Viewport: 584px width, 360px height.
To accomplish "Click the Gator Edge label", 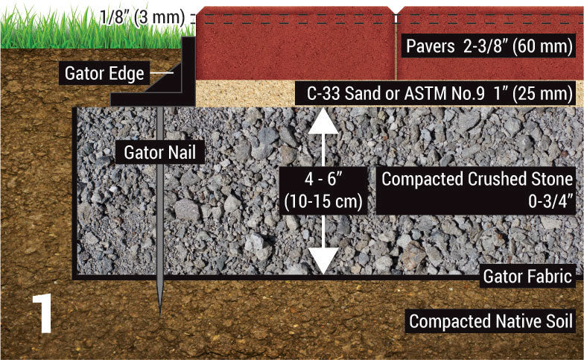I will pyautogui.click(x=104, y=74).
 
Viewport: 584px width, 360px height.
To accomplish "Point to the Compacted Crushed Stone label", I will pyautogui.click(x=477, y=180).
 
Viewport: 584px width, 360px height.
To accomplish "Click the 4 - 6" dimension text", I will pyautogui.click(x=323, y=180).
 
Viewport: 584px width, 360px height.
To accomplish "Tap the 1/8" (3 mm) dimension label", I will pyautogui.click(x=142, y=16).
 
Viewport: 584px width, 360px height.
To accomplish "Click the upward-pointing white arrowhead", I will pyautogui.click(x=323, y=119).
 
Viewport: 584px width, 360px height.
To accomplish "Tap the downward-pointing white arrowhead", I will pyautogui.click(x=323, y=261).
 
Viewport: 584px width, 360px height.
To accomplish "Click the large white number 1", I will pyautogui.click(x=42, y=314).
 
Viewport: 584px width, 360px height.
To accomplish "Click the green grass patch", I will pyautogui.click(x=45, y=33).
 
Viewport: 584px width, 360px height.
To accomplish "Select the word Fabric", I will pyautogui.click(x=550, y=276).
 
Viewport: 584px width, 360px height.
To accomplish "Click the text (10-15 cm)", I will pyautogui.click(x=323, y=200).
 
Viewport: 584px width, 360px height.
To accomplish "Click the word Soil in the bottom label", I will pyautogui.click(x=556, y=322).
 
